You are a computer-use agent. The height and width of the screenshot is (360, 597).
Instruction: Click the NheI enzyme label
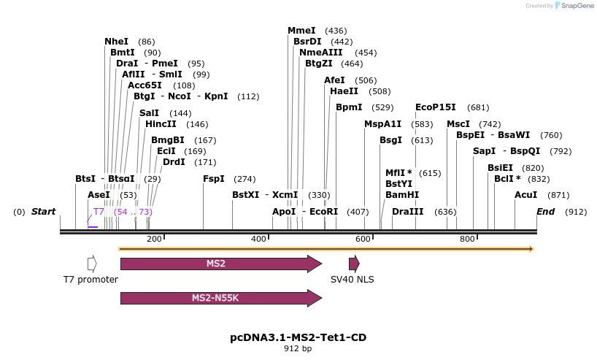point(116,42)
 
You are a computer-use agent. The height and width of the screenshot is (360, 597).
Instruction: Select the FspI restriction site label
point(213,179)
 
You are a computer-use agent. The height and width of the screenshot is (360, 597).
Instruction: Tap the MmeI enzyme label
point(301,31)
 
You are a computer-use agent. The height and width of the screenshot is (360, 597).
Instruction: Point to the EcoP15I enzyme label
point(435,107)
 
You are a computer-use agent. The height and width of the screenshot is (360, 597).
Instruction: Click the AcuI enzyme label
point(525,195)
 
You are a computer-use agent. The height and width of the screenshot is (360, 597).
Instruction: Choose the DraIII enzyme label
point(407,212)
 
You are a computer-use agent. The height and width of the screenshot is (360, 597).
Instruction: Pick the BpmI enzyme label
point(349,107)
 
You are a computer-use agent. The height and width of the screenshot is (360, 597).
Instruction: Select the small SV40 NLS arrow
point(354,264)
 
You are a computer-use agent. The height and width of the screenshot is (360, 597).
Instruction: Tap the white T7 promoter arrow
point(92,264)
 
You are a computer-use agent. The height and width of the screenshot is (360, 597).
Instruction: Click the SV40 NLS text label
point(352,280)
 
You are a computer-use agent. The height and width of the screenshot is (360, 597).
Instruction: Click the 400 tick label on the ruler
point(258,239)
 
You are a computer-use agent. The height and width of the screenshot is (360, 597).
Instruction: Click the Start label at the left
point(43,212)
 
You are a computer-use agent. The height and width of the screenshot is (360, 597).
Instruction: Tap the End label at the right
point(545,212)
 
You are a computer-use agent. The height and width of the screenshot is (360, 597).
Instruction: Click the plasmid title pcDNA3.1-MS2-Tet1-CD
point(298,337)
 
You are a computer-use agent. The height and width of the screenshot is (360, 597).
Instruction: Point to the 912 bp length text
point(298,349)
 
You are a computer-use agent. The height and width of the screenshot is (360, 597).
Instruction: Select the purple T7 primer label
point(99,212)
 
